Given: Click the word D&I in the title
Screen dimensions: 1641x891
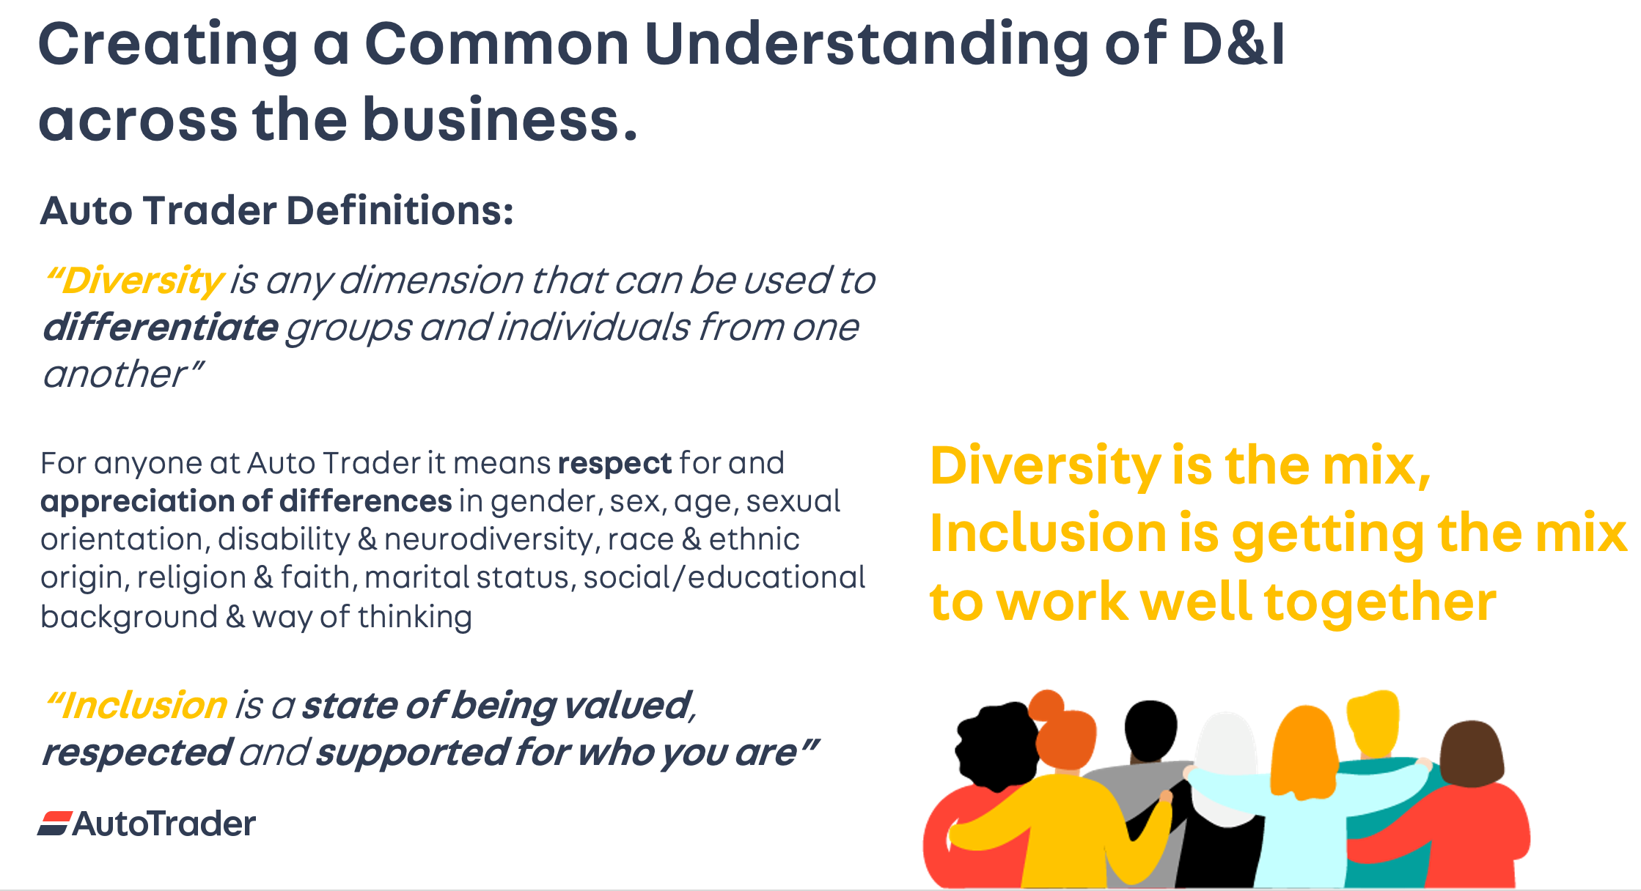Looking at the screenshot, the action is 1234,44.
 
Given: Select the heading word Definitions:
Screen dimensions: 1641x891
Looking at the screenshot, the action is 400,211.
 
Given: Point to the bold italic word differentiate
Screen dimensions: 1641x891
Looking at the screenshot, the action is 161,328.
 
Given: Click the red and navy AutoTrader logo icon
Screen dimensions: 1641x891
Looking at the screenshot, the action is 55,824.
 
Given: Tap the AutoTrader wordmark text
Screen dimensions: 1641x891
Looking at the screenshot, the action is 164,824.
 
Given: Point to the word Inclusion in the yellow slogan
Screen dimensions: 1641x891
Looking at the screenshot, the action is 1049,533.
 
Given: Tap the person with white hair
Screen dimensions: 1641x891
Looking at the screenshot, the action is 1226,799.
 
